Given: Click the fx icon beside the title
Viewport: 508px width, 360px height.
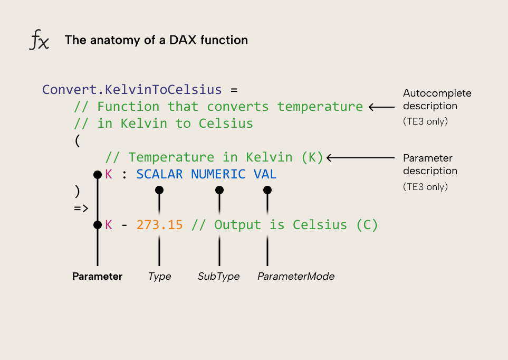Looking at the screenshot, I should click(39, 40).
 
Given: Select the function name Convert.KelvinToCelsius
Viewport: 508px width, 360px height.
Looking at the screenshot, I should click(132, 89).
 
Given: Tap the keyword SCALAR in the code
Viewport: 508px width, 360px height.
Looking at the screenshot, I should click(159, 174).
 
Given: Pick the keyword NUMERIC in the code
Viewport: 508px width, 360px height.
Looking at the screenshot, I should click(218, 174).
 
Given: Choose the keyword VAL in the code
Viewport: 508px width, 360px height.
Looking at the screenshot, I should click(265, 174).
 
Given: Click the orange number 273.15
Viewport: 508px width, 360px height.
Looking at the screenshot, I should click(159, 225).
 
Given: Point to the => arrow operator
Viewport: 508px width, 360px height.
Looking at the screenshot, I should click(81, 208).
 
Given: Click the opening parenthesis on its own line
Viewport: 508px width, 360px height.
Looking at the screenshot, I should click(78, 140).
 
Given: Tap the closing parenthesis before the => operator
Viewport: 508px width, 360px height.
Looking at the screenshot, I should click(78, 191).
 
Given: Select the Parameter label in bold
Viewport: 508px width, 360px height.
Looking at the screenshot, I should click(97, 277).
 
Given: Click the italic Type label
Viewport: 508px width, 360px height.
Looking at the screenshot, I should click(159, 277).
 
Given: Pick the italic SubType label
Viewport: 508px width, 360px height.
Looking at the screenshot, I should click(218, 277).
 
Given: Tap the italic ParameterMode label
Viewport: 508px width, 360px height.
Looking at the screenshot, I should click(295, 277).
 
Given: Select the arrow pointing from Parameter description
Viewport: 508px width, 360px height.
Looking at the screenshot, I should click(360, 157).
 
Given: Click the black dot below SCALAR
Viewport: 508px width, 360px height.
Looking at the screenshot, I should click(159, 190).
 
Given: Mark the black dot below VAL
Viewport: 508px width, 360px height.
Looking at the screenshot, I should click(267, 190).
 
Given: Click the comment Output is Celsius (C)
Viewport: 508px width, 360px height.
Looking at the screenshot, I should click(285, 225).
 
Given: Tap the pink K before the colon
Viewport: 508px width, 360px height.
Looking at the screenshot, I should click(109, 174).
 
